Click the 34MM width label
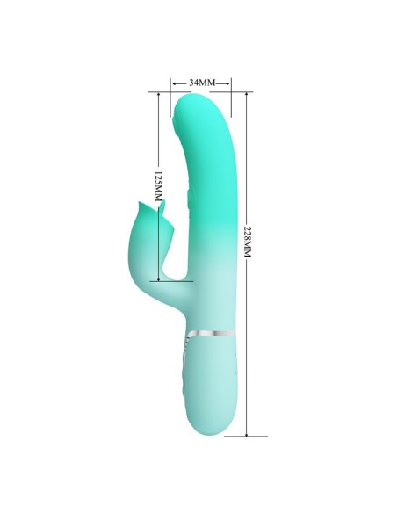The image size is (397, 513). [x=201, y=82]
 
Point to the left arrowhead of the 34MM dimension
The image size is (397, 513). [x=175, y=82]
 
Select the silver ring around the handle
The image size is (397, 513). [x=209, y=333]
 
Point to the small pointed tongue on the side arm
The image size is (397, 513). [x=164, y=208]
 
